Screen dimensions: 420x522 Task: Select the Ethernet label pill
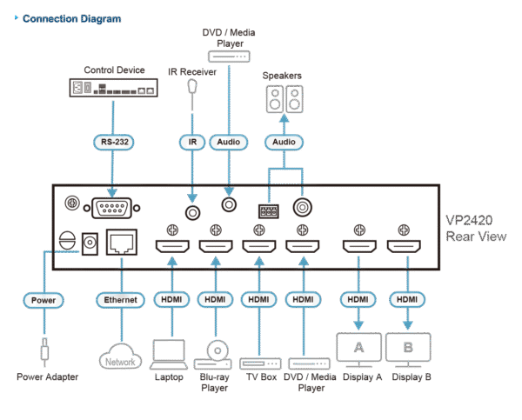[122, 300]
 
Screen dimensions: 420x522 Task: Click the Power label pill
[41, 300]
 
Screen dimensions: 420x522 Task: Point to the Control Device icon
[111, 88]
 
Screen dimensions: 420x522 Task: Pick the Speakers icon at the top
[284, 97]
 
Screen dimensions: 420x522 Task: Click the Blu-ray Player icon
[215, 352]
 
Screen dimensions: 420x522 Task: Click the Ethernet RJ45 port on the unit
[120, 244]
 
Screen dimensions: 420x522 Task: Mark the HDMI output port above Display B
[403, 249]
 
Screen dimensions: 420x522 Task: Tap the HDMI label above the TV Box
[258, 300]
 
